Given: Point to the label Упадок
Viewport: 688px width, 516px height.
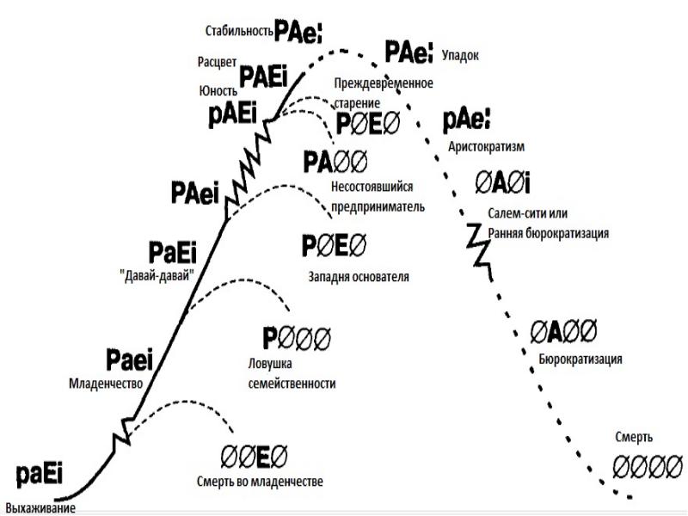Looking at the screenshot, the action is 459,54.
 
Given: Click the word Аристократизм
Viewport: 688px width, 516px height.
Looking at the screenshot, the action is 487,146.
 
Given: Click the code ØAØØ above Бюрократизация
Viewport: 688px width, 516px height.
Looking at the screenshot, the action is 563,331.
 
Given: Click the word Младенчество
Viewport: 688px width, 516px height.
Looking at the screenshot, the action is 104,384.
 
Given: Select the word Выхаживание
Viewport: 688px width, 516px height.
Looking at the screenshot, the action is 40,507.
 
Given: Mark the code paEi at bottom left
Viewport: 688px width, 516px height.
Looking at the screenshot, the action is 40,475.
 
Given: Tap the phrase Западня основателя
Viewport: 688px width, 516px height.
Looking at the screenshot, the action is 358,278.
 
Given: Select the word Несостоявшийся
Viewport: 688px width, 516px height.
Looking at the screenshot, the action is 370,187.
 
